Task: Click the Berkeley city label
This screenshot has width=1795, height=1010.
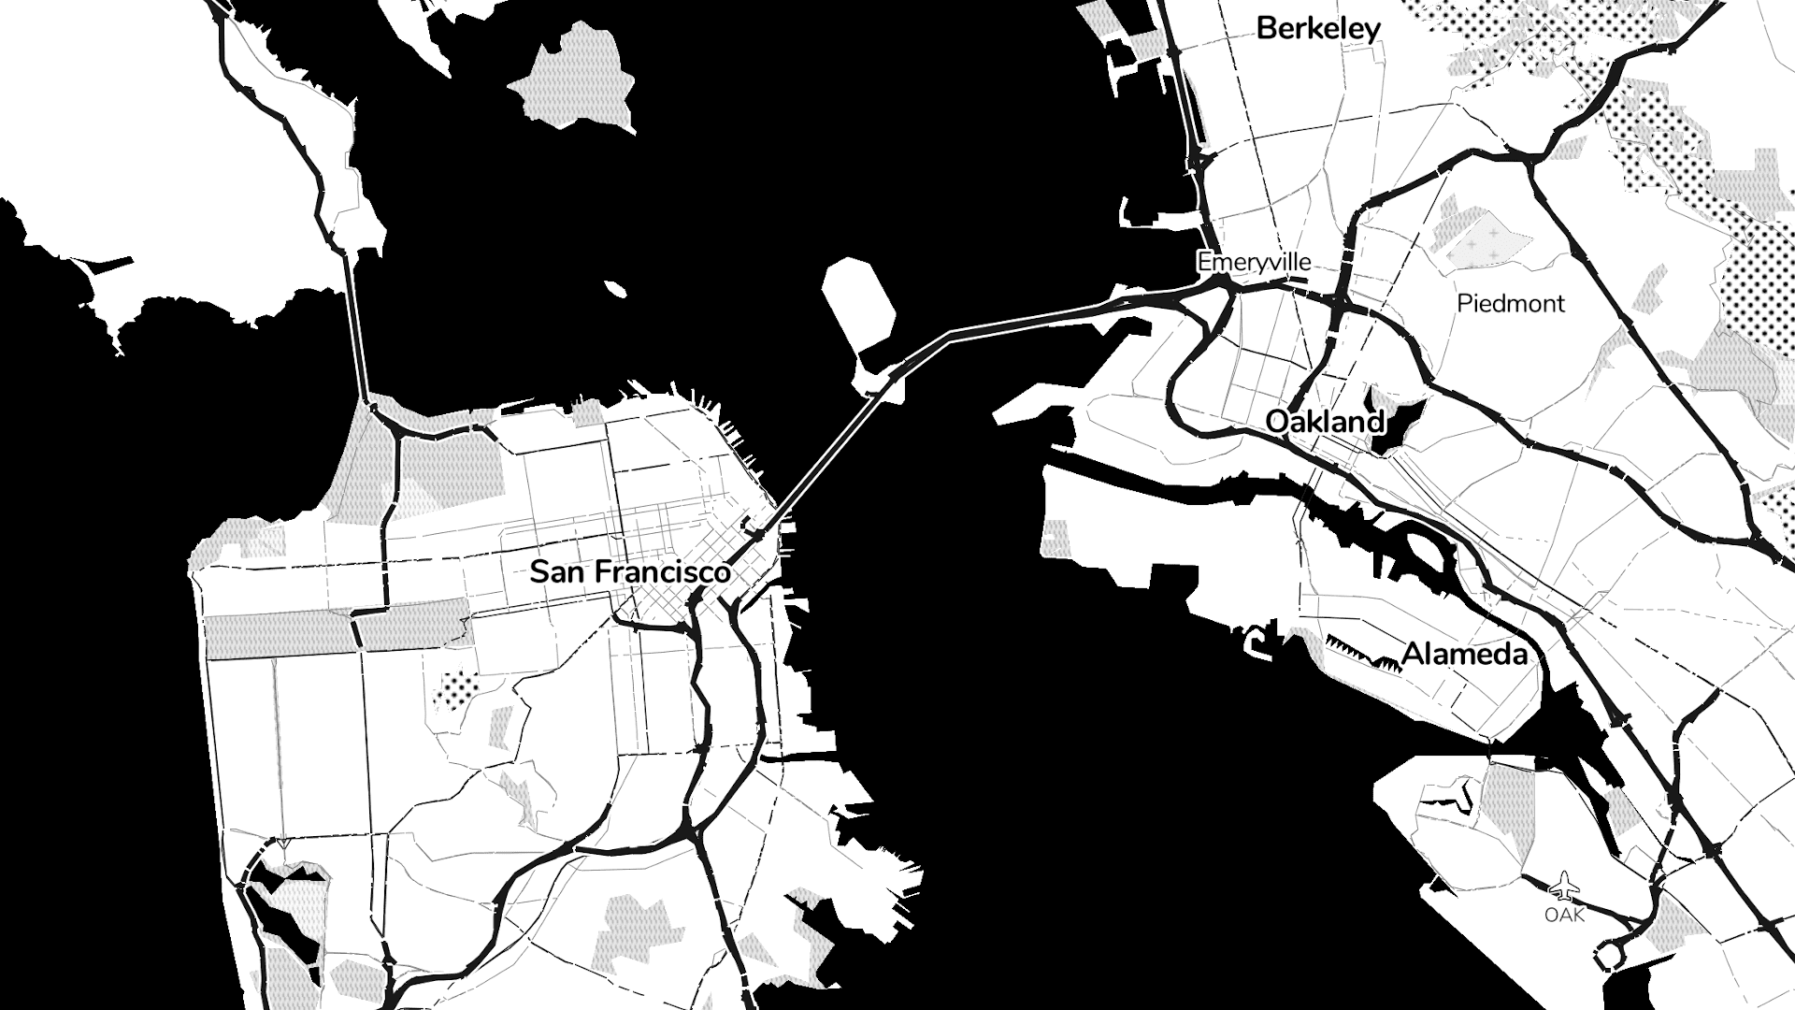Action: pyautogui.click(x=1317, y=29)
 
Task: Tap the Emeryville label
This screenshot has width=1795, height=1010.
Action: pyautogui.click(x=1254, y=263)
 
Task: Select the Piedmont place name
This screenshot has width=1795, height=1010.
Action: pyautogui.click(x=1510, y=303)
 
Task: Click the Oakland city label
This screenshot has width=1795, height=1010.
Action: pyautogui.click(x=1324, y=422)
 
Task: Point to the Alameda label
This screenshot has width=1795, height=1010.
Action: pyautogui.click(x=1465, y=654)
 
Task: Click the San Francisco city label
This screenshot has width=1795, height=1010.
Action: pyautogui.click(x=629, y=571)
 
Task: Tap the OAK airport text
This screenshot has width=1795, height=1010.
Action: pyautogui.click(x=1564, y=915)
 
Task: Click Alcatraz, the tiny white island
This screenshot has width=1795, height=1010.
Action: pyautogui.click(x=614, y=288)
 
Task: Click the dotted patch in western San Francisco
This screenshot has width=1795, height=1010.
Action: pyautogui.click(x=456, y=690)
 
